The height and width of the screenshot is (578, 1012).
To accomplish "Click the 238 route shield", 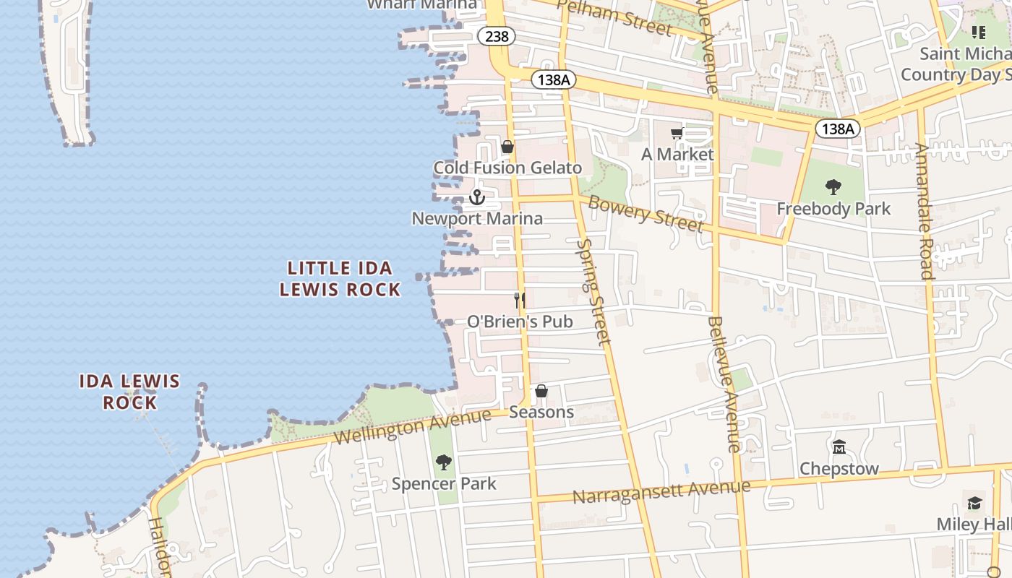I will [497, 35].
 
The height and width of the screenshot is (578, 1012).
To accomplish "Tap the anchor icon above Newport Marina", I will [476, 197].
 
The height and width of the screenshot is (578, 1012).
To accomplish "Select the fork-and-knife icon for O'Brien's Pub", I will [519, 300].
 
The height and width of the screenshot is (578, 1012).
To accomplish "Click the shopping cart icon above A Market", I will [677, 133].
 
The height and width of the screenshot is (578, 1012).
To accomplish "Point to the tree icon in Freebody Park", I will [833, 187].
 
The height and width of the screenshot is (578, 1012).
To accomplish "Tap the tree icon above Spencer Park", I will [444, 462].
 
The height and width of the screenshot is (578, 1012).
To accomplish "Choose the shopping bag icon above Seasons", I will [541, 392].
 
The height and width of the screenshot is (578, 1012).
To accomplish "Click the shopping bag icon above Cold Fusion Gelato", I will [507, 147].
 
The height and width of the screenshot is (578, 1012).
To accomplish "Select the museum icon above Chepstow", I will [839, 447].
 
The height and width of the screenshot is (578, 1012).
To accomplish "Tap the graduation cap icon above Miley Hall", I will [974, 503].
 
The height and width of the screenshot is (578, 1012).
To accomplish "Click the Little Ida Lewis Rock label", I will [340, 279].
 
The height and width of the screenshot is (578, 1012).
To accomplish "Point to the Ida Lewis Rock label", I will [129, 392].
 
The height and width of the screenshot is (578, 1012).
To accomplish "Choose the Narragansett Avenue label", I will [661, 493].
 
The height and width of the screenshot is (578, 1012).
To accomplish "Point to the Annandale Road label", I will [925, 211].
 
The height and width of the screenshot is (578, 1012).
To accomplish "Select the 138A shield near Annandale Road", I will [838, 129].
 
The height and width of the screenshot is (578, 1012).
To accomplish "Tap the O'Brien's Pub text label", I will [520, 322].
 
